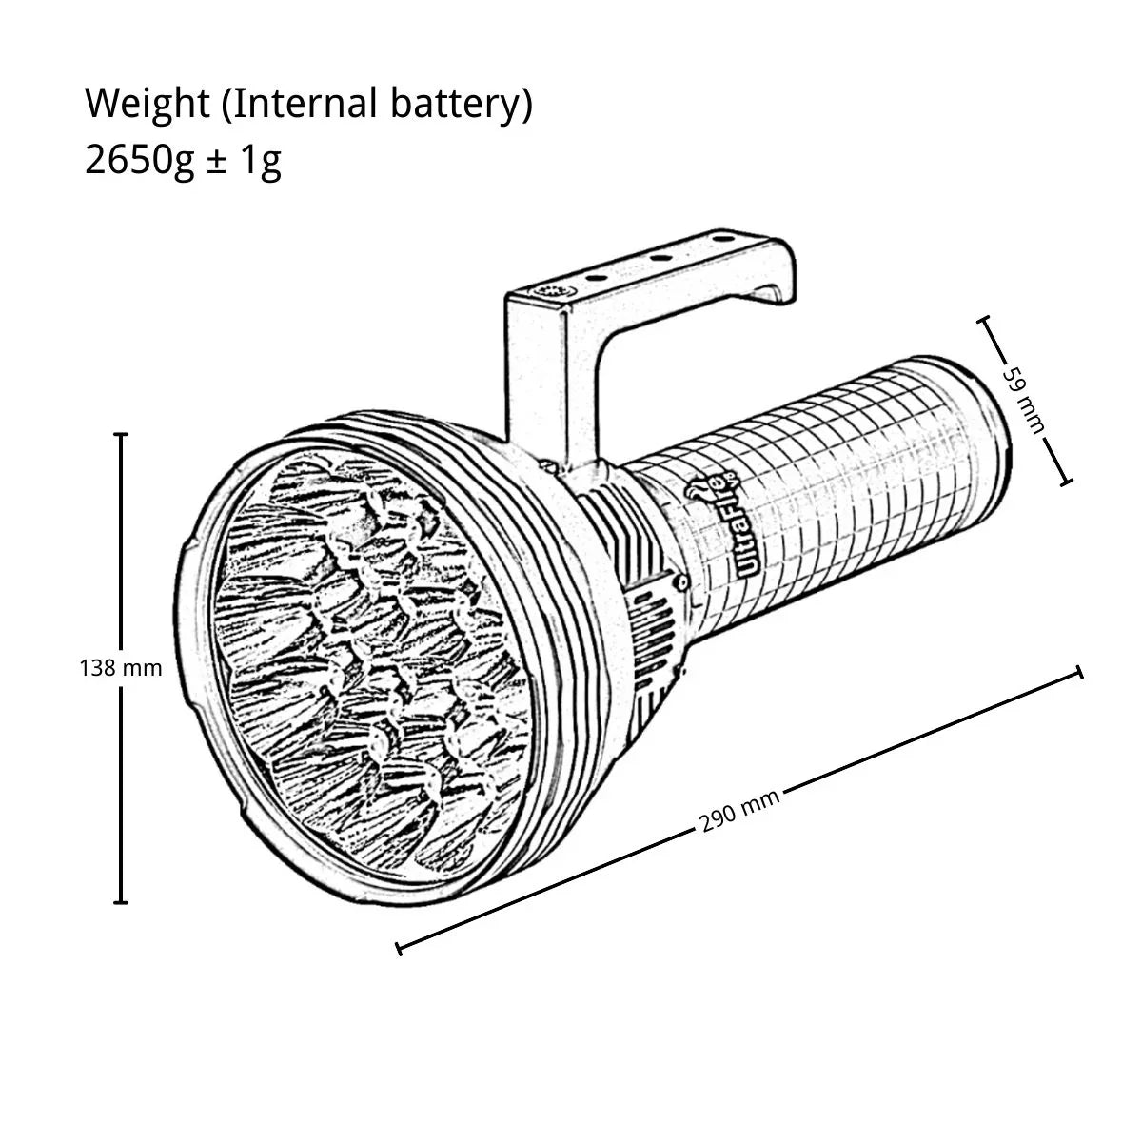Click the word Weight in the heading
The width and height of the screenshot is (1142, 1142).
click(x=147, y=105)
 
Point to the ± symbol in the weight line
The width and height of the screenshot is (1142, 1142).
click(x=216, y=162)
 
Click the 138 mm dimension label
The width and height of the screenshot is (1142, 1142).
click(x=121, y=668)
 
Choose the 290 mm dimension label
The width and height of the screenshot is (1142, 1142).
click(x=740, y=810)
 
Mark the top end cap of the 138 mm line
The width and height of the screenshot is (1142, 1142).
click(x=121, y=435)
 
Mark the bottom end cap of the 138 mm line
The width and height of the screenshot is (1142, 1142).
click(x=121, y=901)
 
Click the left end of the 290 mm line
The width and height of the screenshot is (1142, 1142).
click(x=399, y=947)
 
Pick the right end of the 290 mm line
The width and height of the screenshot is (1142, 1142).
click(x=1079, y=673)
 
